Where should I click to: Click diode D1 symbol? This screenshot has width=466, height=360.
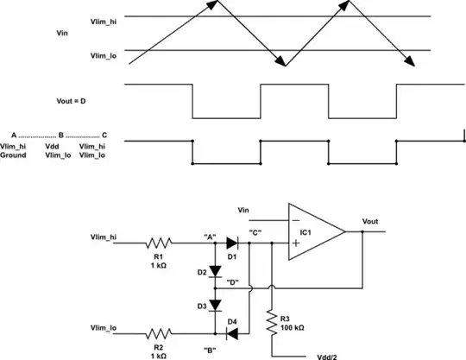click(232, 244)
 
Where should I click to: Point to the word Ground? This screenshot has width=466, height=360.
click(15, 155)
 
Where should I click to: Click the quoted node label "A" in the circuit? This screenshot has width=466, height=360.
click(208, 235)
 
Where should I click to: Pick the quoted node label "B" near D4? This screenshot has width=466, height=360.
click(209, 349)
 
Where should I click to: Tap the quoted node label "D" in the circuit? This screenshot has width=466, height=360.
click(233, 281)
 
